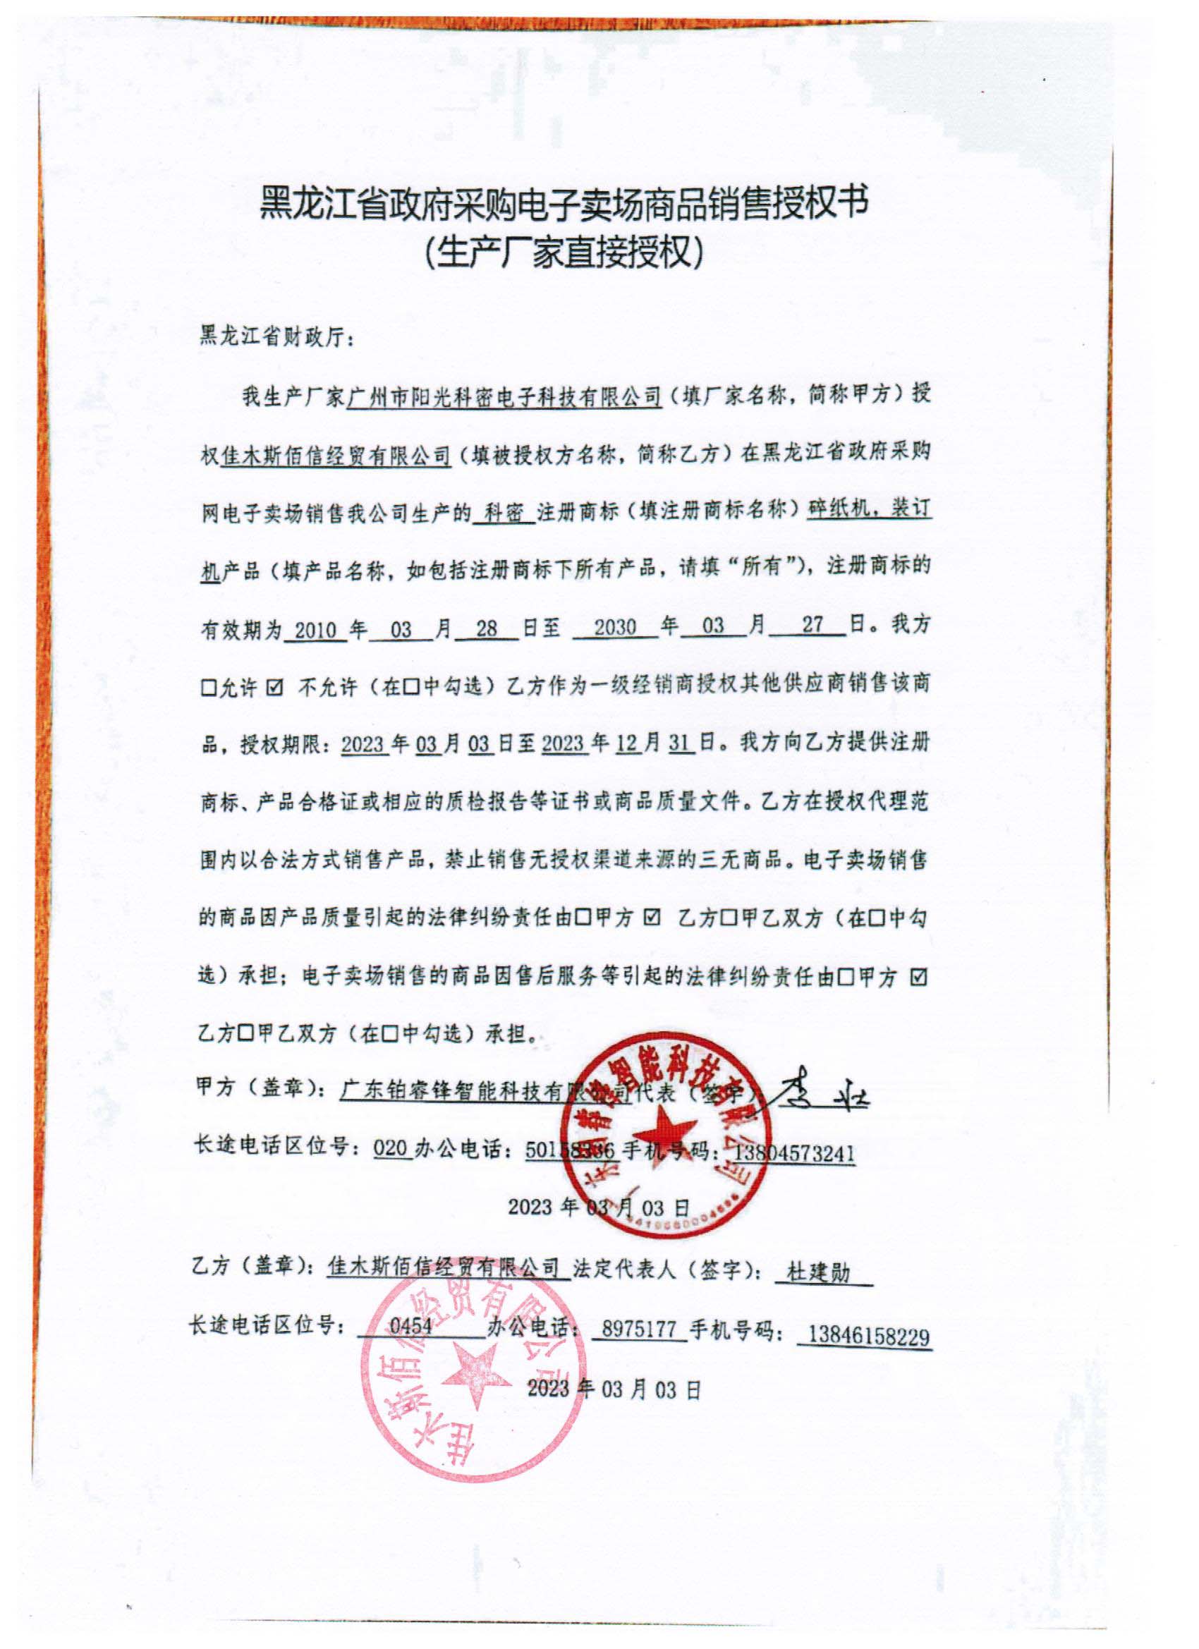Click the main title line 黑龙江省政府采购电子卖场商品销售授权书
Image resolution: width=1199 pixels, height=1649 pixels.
564,205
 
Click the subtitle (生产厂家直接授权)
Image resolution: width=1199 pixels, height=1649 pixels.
564,255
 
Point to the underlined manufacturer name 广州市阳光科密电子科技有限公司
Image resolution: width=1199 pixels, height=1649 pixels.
504,397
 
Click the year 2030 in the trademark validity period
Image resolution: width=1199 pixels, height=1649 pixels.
615,628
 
